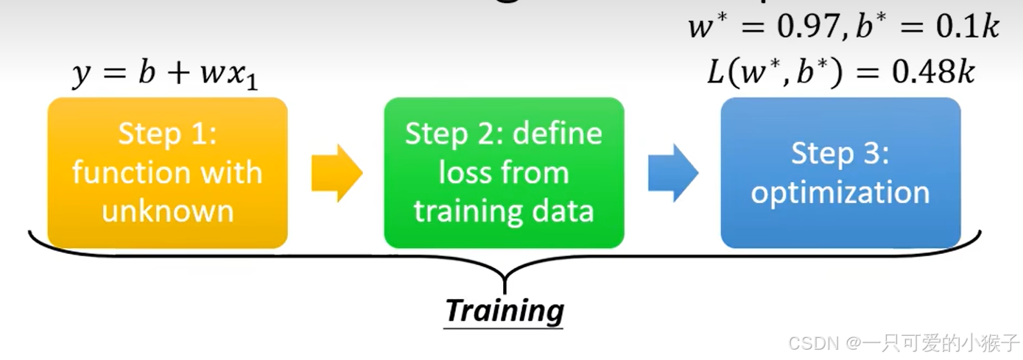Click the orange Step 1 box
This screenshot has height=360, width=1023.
pos(167,172)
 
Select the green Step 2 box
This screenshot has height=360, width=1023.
pos(504,172)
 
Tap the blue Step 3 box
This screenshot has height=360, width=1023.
pos(840,172)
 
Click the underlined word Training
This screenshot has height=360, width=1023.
pos(505,310)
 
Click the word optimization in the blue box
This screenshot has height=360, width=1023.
pos(840,193)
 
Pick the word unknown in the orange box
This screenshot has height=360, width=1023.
pos(168,211)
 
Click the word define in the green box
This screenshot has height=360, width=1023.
pos(560,134)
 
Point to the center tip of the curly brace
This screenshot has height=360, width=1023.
pos(505,283)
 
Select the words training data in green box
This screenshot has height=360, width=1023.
pos(504,211)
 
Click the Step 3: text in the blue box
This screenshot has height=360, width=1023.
pos(840,154)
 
